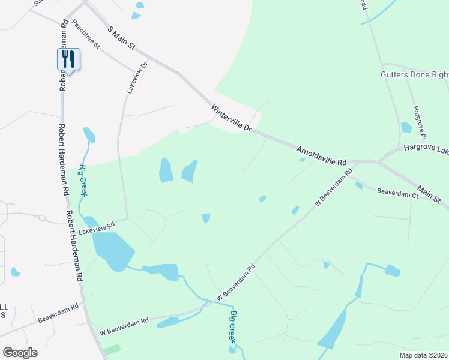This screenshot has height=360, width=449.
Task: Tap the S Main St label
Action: point(122,37)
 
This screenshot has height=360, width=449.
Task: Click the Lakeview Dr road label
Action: point(136,77)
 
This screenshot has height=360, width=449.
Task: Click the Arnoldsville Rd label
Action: point(322,155)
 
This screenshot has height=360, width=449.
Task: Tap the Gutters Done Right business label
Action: point(415,75)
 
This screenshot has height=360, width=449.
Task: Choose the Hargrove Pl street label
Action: point(418,119)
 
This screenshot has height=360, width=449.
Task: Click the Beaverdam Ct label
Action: point(397,194)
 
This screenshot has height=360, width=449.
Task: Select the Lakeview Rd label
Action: point(101,227)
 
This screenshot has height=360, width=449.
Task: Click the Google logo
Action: point(20,352)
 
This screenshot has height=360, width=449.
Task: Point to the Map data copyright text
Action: point(423,355)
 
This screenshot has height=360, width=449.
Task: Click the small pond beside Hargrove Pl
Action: point(406,127)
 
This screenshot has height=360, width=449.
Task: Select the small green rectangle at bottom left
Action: point(112,349)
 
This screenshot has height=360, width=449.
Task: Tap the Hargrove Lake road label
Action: point(426,148)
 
